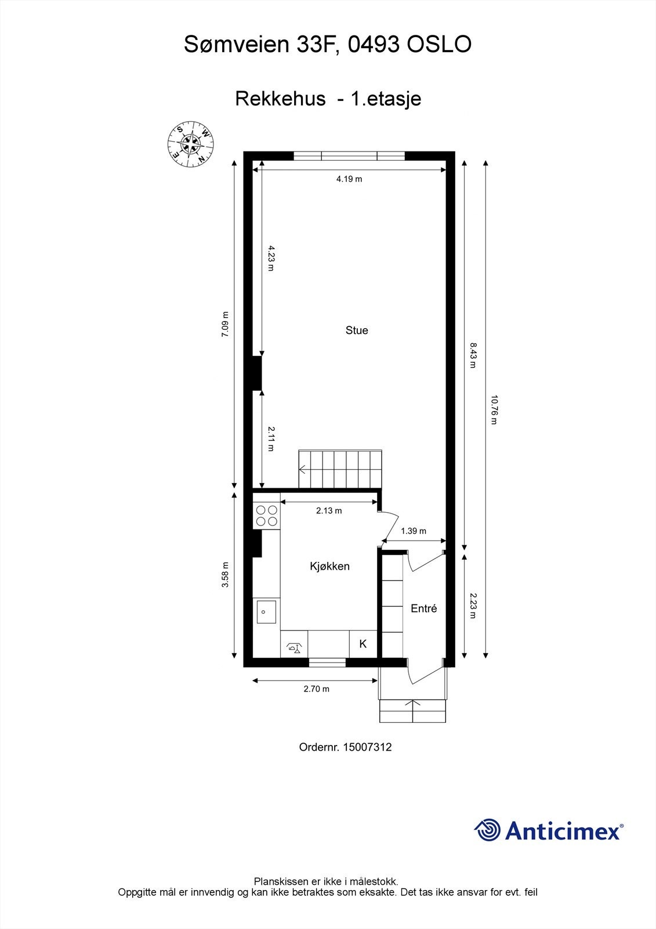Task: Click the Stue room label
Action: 357,330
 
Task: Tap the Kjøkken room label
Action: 329,566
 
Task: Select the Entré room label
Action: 423,608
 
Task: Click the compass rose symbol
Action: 191,144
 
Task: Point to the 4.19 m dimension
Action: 349,179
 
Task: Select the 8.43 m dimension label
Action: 473,355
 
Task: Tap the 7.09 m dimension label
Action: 226,325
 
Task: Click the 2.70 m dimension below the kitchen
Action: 316,689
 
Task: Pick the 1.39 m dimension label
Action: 414,531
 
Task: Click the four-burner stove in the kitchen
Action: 267,516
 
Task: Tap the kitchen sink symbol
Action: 266,611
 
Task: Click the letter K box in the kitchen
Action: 363,644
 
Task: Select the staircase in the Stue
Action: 341,469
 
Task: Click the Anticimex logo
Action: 549,830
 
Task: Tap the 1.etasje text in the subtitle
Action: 386,99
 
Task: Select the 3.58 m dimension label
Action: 226,575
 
